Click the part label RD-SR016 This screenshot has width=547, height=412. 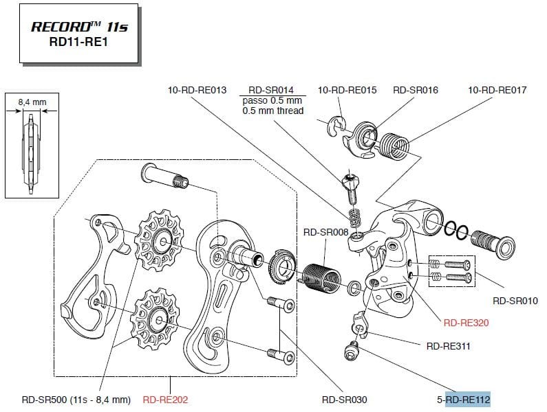(416, 90)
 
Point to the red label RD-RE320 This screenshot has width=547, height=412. (466, 322)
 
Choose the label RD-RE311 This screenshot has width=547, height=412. (448, 346)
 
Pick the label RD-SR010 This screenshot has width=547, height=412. (515, 301)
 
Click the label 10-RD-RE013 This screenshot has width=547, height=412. (197, 90)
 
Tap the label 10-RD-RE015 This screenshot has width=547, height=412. (347, 90)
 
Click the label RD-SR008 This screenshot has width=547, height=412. (325, 233)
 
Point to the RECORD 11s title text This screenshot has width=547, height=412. (78, 27)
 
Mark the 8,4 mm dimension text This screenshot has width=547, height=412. (32, 102)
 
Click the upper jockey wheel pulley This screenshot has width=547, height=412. (160, 239)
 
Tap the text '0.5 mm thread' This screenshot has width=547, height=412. (273, 111)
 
